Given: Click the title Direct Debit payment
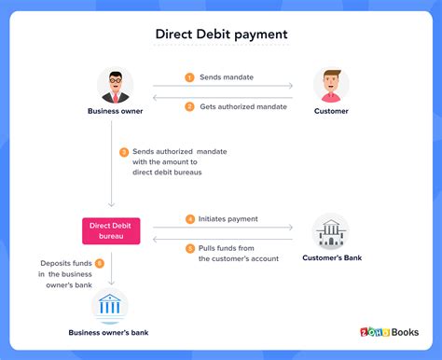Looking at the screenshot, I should [221, 35].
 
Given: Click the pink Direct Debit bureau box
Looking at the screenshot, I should [112, 230].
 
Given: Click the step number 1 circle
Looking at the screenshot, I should [189, 78].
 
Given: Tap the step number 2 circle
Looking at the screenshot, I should [189, 106].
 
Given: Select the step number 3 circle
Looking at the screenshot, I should [124, 152].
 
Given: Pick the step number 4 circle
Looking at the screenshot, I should [189, 219].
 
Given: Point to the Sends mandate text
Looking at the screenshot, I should [225, 78].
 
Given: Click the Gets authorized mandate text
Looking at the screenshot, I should [243, 106].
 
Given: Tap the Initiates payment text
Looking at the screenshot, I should [228, 219].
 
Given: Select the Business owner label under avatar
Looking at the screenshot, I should [116, 112].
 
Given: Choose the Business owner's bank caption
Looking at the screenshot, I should [110, 332].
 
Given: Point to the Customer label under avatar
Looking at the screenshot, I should [331, 112].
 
